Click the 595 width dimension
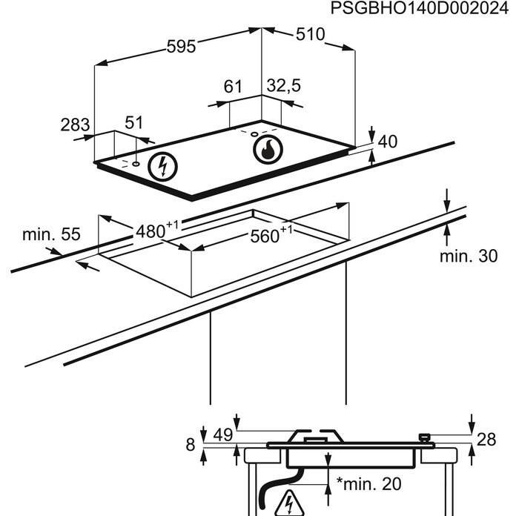pos(180,46)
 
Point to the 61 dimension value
pos(234,87)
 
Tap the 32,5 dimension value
pos(283,87)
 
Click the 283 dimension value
pos(75,124)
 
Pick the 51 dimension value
pos(133,123)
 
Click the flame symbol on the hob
pos(268,150)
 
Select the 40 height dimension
pos(389,141)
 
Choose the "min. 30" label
pos(468,256)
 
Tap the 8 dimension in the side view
pos(190,445)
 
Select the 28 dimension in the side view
pos(486,440)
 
